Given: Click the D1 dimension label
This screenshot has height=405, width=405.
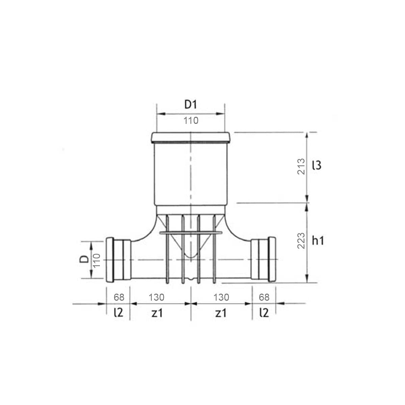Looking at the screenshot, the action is coord(191,104).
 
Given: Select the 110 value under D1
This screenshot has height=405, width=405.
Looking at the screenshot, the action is coord(191,120).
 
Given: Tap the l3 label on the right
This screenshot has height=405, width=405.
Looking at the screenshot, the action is coord(317,165).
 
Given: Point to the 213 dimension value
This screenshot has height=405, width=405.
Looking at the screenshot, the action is coord(301,166).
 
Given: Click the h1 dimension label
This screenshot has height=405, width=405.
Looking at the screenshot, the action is coord(318,241).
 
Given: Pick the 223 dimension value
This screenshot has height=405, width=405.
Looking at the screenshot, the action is coord(301,241).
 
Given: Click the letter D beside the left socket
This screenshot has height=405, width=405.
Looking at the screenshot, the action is coord(84,259).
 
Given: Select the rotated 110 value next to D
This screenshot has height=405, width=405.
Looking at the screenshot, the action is coord(97,261).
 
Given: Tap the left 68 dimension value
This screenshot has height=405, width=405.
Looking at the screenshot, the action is coord(119,297).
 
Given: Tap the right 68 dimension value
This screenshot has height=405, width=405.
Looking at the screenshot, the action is coord(264,297).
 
